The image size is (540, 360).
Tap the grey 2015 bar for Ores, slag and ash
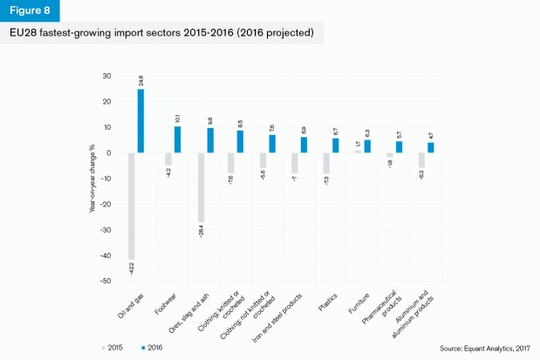[x=201, y=187]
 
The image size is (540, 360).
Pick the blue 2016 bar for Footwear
[x=176, y=139]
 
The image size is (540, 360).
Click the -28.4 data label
[x=201, y=231]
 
